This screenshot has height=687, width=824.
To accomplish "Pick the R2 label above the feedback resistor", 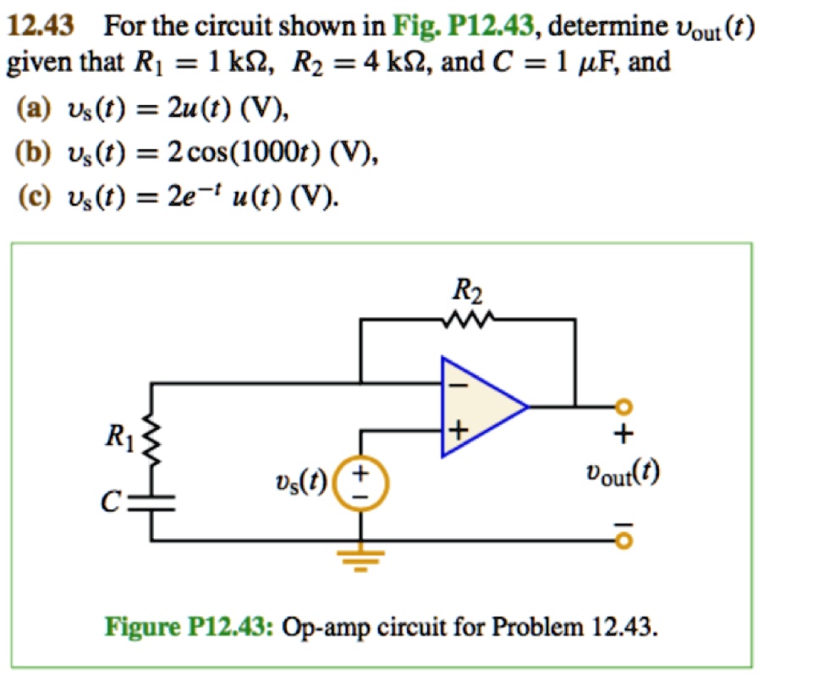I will [467, 293].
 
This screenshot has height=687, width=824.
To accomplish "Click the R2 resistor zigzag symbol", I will [467, 321].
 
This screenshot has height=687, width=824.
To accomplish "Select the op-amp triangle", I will [477, 406].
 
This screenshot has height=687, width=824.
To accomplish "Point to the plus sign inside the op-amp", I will [457, 431].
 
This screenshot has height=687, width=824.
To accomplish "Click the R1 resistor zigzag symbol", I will [153, 439].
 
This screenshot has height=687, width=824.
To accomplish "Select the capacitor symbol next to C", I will [153, 504].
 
